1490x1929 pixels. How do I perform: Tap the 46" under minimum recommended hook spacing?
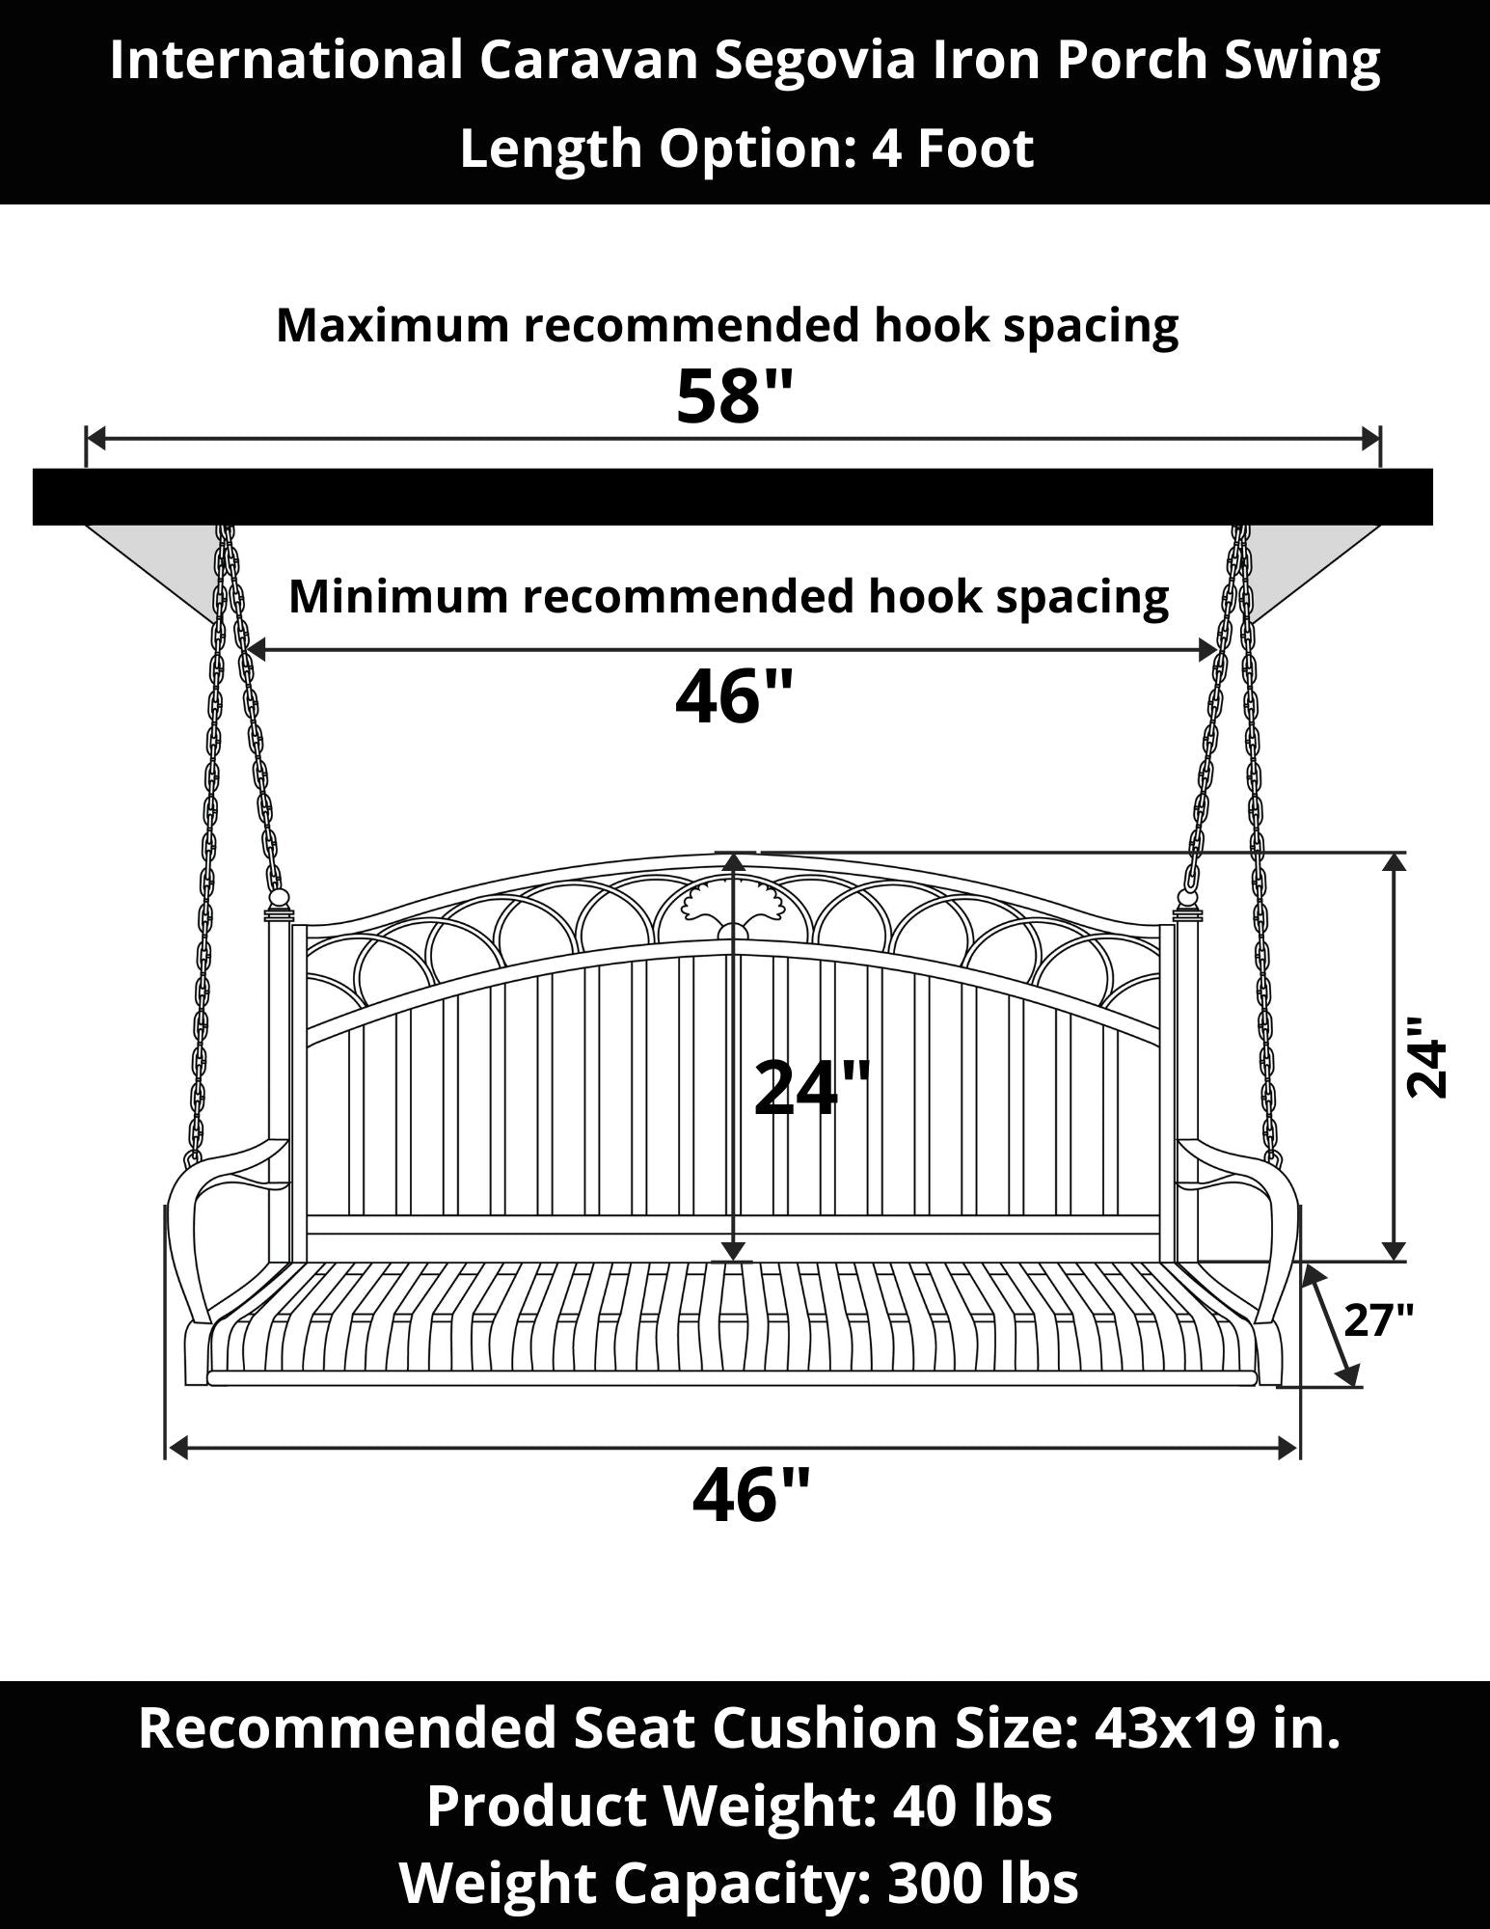click(735, 696)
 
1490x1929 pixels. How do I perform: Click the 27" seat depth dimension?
click(1379, 1318)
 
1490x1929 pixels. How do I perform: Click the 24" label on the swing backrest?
click(811, 1088)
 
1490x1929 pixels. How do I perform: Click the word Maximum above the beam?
click(393, 326)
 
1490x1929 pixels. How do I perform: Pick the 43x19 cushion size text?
click(1181, 1726)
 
